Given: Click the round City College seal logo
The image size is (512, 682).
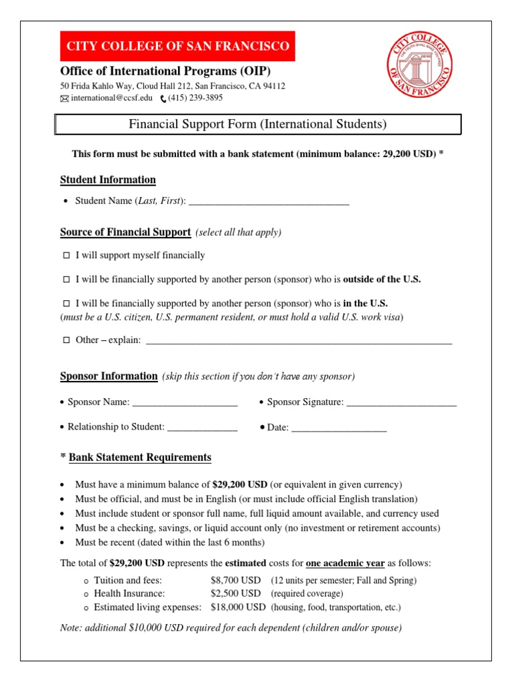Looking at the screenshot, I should pyautogui.click(x=420, y=65).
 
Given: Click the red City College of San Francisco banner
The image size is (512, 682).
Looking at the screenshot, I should pyautogui.click(x=177, y=46).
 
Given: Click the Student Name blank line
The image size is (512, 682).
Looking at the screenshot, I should pyautogui.click(x=269, y=202).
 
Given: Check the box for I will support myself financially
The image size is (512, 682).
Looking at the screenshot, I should pyautogui.click(x=66, y=256).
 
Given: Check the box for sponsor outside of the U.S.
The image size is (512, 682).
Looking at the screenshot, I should pyautogui.click(x=66, y=280).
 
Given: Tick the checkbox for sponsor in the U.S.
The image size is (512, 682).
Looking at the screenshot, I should pyautogui.click(x=66, y=303).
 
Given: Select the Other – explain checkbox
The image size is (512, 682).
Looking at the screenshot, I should pyautogui.click(x=66, y=340).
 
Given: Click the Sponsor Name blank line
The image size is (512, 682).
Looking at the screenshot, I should pyautogui.click(x=185, y=403).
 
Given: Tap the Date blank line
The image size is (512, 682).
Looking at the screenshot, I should pyautogui.click(x=339, y=428).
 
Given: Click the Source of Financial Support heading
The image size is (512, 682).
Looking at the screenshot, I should pyautogui.click(x=125, y=232).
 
